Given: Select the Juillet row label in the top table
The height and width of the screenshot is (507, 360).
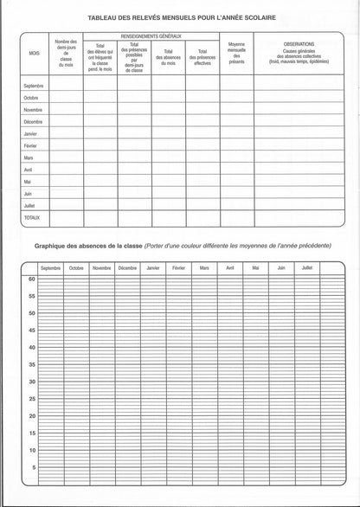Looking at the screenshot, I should [x=29, y=206].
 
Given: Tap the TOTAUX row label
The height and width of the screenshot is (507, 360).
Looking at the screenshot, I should [x=32, y=219].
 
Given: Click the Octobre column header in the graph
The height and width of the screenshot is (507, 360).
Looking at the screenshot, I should [x=76, y=268].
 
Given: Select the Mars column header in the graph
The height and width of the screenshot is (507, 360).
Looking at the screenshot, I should [x=204, y=268].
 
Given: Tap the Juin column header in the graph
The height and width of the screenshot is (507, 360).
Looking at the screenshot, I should [x=280, y=268].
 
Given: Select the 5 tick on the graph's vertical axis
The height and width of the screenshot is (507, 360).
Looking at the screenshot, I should [x=32, y=467].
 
